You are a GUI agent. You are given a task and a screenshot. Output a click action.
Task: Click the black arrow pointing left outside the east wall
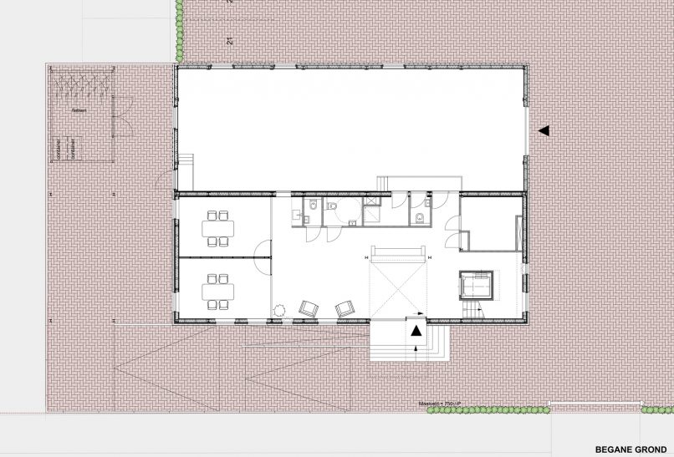click(544, 130)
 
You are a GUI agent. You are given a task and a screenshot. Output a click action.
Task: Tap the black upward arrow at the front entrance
click(416, 330)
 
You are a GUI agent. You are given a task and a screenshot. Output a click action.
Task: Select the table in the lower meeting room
click(219, 291)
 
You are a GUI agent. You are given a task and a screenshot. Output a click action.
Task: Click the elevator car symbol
click(475, 285)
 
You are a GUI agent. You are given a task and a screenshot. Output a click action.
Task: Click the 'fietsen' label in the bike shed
click(79, 110)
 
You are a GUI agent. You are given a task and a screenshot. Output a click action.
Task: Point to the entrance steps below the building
click(410, 343)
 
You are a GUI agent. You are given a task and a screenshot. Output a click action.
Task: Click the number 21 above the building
click(228, 40)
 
